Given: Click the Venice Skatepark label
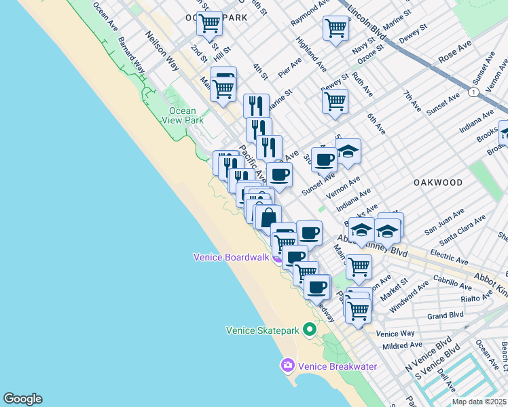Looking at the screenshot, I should coord(262,330).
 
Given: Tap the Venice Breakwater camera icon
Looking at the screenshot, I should coord(287,366).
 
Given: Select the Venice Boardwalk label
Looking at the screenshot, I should coord(231,257).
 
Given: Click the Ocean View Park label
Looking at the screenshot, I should coord(182,115).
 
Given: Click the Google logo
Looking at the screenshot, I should coord(22,399).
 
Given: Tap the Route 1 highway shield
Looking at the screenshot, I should coord(473,92).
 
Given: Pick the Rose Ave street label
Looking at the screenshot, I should coord(455,52).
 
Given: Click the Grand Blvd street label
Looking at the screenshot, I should coord(445,315).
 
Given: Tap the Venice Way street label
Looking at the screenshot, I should coord(395,334).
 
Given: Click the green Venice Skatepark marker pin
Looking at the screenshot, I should coord(310,330).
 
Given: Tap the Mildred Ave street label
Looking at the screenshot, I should coord(398,346).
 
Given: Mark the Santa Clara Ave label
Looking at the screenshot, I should coord(462,231).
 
